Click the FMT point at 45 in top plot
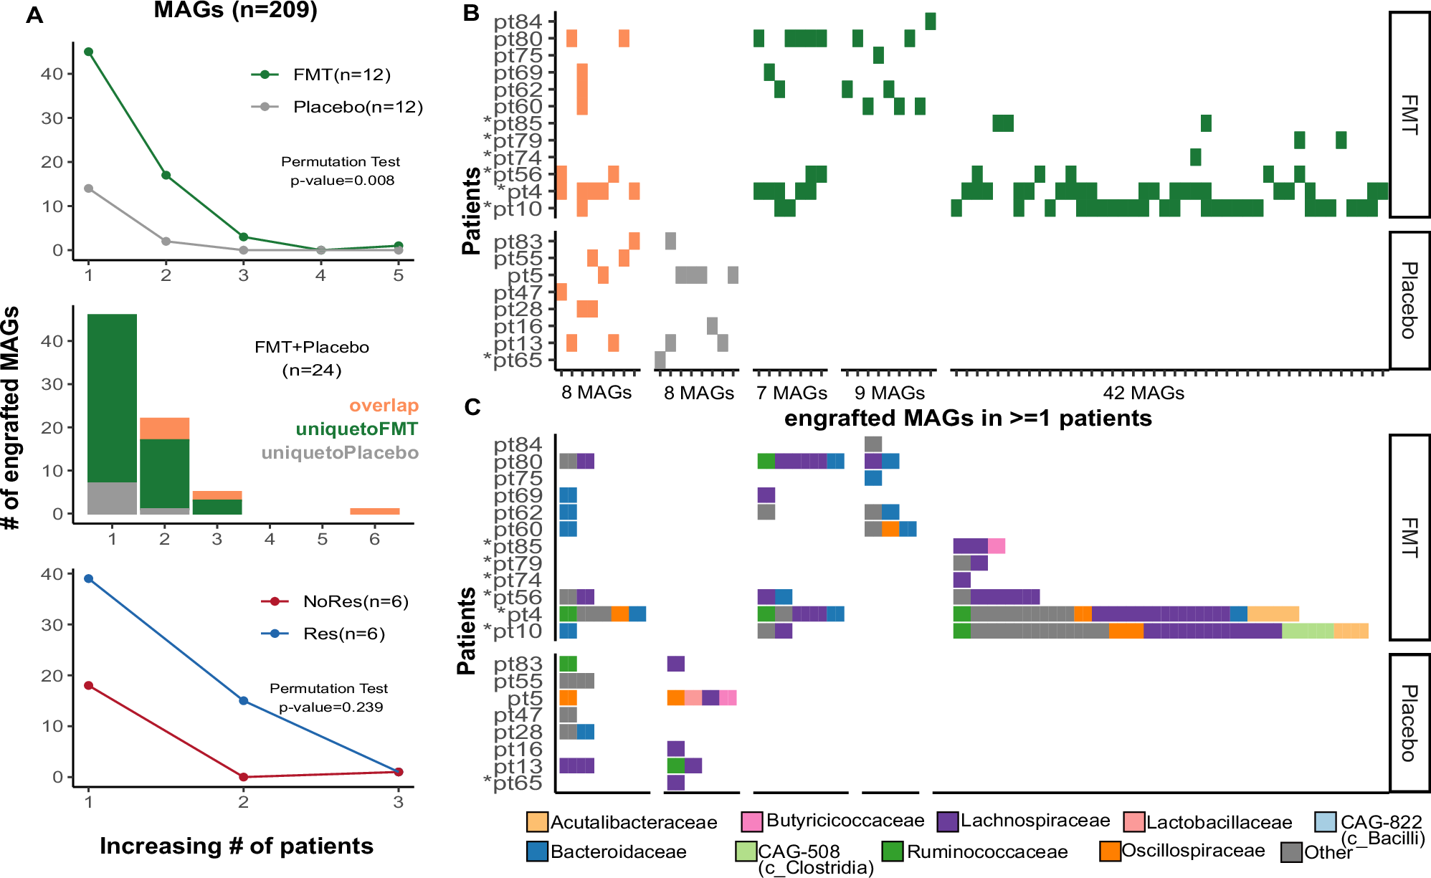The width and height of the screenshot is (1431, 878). (88, 52)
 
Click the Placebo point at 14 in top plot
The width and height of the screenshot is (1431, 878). (88, 189)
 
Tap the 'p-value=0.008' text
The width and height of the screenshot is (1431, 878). (342, 181)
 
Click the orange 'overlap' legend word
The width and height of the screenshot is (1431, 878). (384, 406)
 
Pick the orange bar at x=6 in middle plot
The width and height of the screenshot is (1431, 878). (374, 511)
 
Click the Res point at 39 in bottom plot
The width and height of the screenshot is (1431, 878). (88, 578)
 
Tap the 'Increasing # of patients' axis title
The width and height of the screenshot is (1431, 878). (237, 846)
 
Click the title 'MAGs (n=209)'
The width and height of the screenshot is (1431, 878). (235, 10)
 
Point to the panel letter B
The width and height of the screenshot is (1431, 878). (471, 13)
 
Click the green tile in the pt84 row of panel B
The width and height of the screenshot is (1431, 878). (930, 22)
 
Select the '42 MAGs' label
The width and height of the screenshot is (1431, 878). (1143, 393)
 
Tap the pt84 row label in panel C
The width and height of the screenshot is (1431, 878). (518, 444)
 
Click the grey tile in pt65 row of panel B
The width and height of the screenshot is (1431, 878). (660, 360)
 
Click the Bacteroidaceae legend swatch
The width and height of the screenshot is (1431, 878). (537, 851)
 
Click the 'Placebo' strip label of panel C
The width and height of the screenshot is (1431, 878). (1409, 722)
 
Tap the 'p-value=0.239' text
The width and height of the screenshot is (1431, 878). (331, 707)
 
